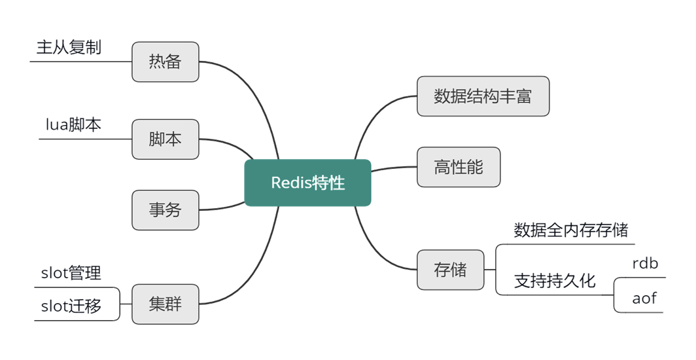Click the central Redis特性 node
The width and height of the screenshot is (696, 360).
pos(307,183)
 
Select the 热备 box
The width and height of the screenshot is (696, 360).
pos(165,62)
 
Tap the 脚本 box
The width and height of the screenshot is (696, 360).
pos(165,139)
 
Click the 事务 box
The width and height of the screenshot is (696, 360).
pos(165,210)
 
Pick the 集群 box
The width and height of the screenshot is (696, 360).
pos(165,304)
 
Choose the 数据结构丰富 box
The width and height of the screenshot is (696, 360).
pos(483,96)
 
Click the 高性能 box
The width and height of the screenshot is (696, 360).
pos(459,167)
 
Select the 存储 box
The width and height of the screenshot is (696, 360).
pos(451,269)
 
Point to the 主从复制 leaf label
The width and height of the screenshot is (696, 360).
pos(69,48)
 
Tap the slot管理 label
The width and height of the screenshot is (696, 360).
pos(71,273)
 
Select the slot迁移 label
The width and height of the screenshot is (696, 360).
pos(71,306)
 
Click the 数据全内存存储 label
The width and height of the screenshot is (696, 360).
pos(571,230)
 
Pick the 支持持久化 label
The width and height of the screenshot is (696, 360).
pos(555,281)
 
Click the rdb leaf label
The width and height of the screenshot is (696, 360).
pos(645,264)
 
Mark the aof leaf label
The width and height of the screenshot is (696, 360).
pos(644,298)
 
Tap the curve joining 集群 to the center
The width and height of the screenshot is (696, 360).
pos(255,275)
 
